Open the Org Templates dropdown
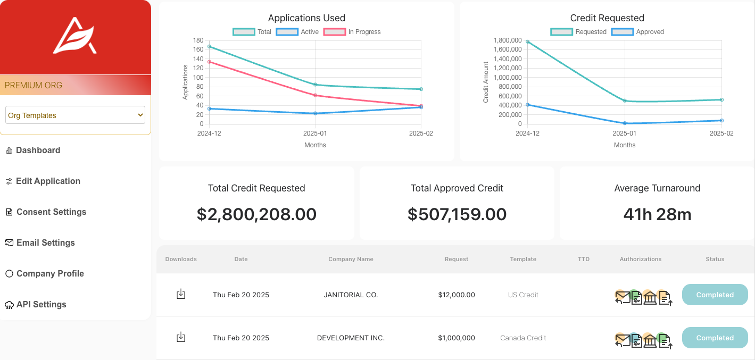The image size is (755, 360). (x=75, y=115)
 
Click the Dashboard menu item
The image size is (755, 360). (x=33, y=150)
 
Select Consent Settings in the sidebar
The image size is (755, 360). (x=46, y=212)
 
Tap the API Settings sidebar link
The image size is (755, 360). (x=36, y=305)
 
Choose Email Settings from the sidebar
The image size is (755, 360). (x=40, y=243)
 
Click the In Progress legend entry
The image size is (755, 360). (x=352, y=32)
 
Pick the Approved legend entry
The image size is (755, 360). (x=637, y=32)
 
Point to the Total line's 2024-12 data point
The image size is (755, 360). (x=209, y=46)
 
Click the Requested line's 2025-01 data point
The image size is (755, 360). (x=625, y=101)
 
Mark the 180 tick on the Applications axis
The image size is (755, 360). (x=198, y=40)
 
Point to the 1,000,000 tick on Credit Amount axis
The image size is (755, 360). (x=508, y=78)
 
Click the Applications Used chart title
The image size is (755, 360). (x=306, y=18)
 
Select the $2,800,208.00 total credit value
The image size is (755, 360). (x=256, y=214)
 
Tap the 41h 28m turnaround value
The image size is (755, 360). (x=657, y=214)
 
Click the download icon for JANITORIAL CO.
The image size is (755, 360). (x=181, y=294)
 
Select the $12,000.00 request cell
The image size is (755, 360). (x=457, y=295)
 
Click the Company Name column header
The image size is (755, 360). (x=351, y=259)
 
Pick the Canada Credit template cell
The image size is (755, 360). (x=523, y=338)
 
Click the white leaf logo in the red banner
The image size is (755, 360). (x=75, y=36)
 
